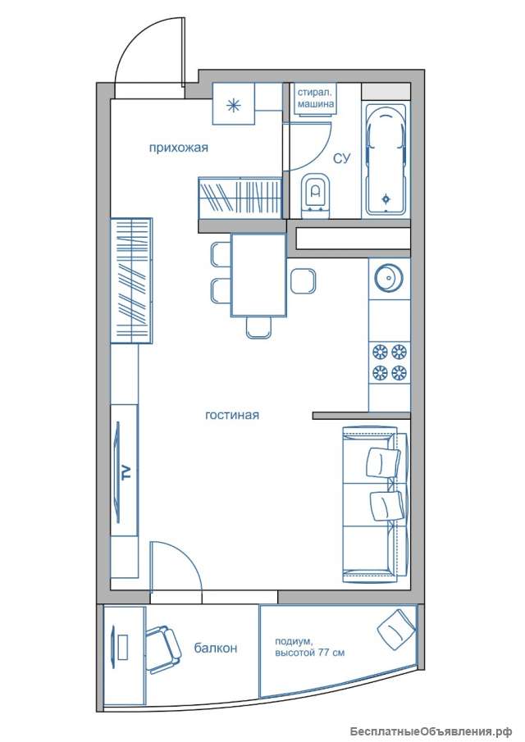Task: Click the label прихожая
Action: point(179,148)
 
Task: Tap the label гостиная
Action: point(232,415)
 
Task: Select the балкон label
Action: point(216,648)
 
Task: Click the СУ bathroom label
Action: point(341,158)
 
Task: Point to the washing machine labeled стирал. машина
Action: point(316,98)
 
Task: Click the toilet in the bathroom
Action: point(315,195)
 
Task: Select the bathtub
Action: point(386,158)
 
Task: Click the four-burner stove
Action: point(390,363)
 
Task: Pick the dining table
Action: point(258,275)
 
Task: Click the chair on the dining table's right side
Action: point(303,281)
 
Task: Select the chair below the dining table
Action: point(259,327)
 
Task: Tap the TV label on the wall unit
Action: point(126,472)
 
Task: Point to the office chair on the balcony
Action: point(163,649)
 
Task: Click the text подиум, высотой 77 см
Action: point(309,648)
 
